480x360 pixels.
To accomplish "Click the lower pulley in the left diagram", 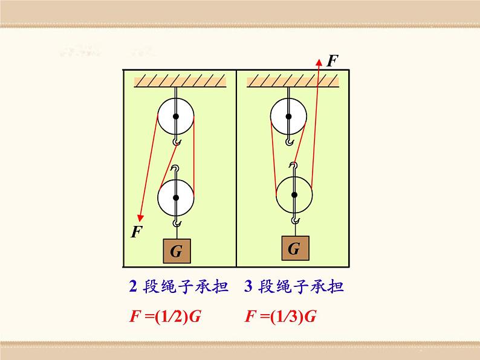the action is (176, 198).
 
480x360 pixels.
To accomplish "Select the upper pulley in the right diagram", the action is (288, 115).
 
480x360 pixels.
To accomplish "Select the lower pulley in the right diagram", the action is (294, 194).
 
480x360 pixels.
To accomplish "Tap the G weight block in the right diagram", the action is (294, 248).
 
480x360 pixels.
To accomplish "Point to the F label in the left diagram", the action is (137, 232).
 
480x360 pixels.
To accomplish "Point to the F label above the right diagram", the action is (332, 60).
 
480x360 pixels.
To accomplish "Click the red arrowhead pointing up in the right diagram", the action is (319, 60).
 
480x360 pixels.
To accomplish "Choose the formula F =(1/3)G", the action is (281, 317).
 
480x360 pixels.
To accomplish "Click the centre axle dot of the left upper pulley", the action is (176, 116).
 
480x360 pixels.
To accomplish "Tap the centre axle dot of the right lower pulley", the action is (294, 194).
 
